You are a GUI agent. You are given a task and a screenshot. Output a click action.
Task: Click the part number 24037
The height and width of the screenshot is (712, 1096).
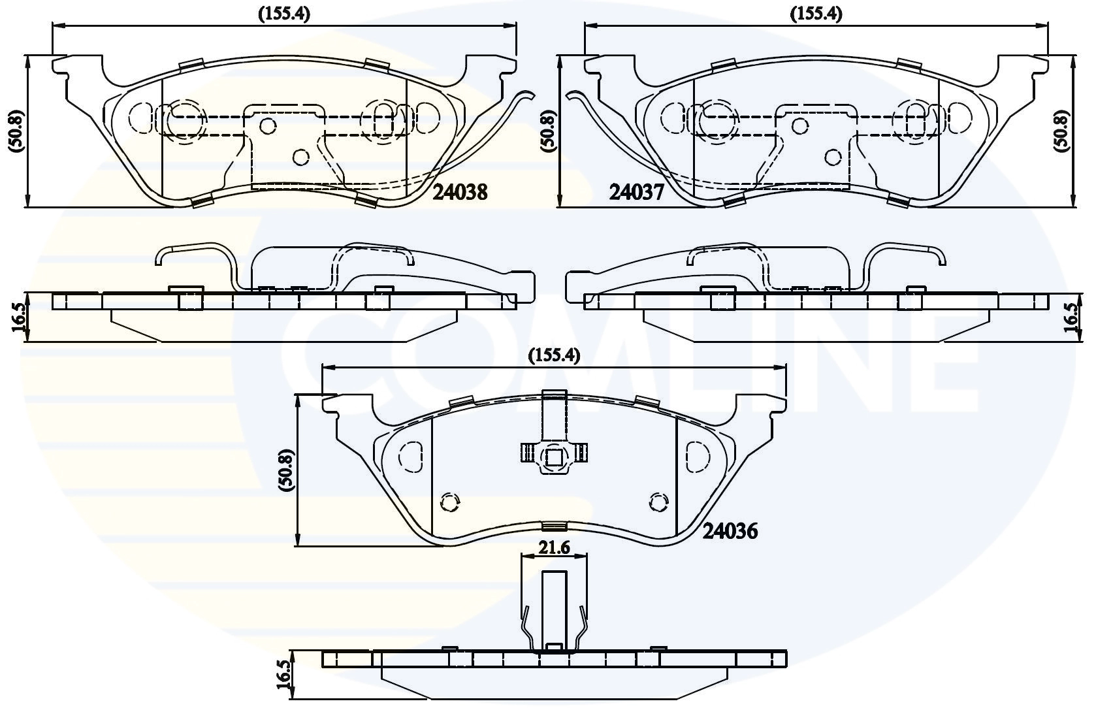pyautogui.click(x=637, y=191)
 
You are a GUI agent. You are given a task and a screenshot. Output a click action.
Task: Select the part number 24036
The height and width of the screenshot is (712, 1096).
pyautogui.click(x=730, y=531)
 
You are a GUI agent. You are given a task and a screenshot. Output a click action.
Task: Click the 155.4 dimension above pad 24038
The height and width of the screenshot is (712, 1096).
pyautogui.click(x=283, y=14)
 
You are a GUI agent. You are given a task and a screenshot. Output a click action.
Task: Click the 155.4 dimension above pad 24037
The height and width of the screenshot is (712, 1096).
pyautogui.click(x=816, y=14)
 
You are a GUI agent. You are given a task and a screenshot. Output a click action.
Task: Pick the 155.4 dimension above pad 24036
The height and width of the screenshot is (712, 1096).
pyautogui.click(x=554, y=355)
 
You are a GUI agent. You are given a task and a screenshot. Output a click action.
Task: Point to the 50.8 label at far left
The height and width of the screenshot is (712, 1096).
pyautogui.click(x=16, y=131)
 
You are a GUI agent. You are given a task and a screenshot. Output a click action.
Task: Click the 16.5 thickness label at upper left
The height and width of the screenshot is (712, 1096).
pyautogui.click(x=18, y=318)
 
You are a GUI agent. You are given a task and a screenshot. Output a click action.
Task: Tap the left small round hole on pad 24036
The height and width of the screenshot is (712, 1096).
pyautogui.click(x=449, y=502)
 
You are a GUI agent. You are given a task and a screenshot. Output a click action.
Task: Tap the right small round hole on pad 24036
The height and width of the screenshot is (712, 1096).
pyautogui.click(x=658, y=502)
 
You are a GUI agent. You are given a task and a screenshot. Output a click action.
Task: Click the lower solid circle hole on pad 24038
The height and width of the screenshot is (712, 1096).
pyautogui.click(x=300, y=156)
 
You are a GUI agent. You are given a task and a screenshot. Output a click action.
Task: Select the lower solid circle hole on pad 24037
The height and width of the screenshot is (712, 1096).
pyautogui.click(x=832, y=156)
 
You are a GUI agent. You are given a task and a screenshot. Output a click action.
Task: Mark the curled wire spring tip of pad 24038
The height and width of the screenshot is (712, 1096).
pyautogui.click(x=526, y=97)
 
